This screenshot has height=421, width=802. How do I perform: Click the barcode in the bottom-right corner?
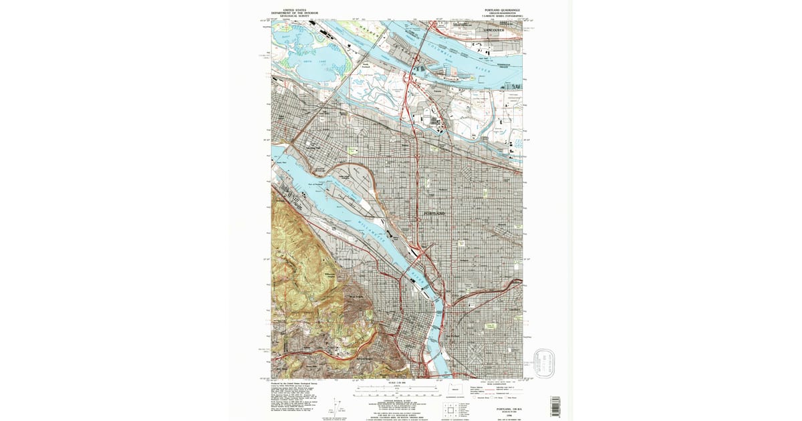tap(555, 406)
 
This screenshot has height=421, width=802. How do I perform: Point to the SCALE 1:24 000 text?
tap(388, 383)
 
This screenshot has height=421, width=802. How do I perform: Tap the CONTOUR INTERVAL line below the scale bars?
tap(388, 398)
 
